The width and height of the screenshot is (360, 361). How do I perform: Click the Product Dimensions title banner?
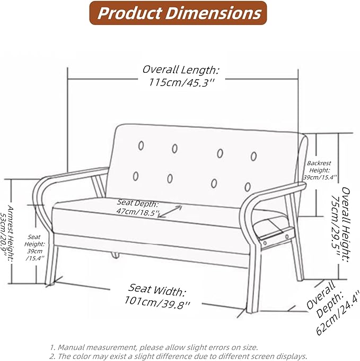pos(178,13)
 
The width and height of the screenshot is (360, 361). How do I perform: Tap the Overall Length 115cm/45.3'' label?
pos(181,76)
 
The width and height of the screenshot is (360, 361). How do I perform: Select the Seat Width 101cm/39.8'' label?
pos(157,296)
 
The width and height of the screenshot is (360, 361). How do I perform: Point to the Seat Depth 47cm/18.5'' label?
pos(137,207)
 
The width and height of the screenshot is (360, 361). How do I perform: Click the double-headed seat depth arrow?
pos(170,212)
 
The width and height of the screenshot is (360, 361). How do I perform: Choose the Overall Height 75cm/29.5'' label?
pos(341,224)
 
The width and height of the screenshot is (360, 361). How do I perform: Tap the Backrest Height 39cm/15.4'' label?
pos(320,170)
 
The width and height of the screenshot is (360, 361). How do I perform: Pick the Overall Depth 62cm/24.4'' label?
pos(332,308)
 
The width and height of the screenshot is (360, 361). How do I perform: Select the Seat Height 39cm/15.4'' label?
pos(34,247)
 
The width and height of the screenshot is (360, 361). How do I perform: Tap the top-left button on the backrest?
pos(141,145)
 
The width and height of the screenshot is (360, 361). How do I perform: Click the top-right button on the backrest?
pos(253,156)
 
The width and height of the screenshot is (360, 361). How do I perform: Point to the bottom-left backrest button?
pos(136,176)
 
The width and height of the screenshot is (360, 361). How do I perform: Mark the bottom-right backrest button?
pos(248,187)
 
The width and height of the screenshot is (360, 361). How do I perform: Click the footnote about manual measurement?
pos(154,347)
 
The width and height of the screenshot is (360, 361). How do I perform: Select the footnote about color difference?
pos(178,356)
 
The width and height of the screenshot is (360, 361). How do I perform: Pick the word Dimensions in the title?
pos(213,13)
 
